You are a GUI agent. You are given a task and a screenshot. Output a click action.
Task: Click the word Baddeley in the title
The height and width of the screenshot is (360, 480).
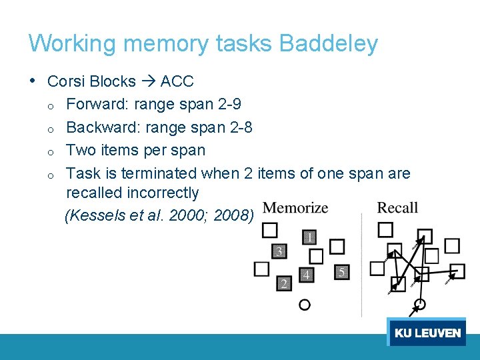(329, 44)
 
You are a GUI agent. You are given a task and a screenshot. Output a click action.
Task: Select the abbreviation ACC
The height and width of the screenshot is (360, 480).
(177, 82)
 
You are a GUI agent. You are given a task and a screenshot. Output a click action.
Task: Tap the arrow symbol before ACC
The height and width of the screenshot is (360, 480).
(148, 82)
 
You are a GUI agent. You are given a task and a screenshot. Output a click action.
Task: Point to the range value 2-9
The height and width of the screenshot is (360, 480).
(227, 105)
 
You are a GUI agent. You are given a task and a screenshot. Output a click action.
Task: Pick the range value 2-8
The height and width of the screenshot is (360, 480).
(238, 127)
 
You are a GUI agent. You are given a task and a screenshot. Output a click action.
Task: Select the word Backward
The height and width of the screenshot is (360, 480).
(103, 127)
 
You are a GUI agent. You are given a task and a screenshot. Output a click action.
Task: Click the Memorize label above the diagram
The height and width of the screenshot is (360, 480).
(296, 208)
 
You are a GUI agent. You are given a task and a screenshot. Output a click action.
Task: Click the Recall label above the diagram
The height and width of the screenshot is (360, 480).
(397, 208)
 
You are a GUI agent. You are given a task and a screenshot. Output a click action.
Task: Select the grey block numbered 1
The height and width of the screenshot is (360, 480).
(310, 237)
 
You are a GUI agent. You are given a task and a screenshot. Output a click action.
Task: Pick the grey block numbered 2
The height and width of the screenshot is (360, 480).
(284, 284)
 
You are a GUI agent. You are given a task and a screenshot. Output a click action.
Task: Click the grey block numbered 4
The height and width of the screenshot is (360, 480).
(306, 275)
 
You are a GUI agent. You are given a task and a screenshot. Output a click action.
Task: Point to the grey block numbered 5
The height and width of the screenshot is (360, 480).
(341, 272)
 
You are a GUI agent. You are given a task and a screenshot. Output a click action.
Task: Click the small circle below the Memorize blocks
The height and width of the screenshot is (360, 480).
(304, 305)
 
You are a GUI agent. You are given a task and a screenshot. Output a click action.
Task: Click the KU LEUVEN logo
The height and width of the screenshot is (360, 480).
(427, 333)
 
